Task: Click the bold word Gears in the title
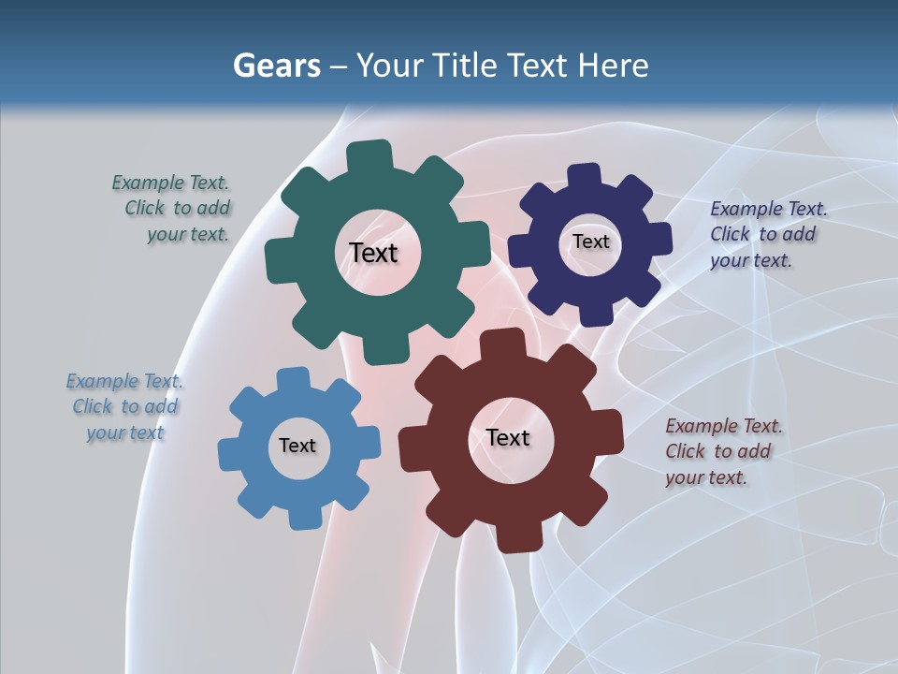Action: [x=276, y=66]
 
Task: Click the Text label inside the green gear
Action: [x=374, y=253]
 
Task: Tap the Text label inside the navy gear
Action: [x=590, y=242]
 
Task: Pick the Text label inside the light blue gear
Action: [x=297, y=446]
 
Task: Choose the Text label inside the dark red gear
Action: [x=508, y=437]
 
